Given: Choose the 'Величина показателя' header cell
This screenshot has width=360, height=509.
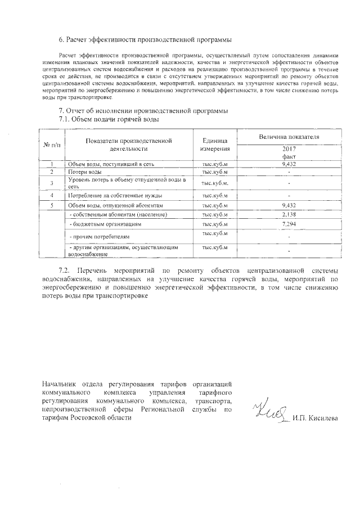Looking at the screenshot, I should [289, 137].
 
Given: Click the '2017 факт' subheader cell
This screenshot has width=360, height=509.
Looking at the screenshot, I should [289, 153].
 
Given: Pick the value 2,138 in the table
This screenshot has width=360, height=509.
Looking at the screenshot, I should [289, 214].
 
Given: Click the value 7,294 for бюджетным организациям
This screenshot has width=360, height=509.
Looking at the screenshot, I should [289, 224].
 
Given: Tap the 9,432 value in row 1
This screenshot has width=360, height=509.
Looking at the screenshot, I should [289, 164].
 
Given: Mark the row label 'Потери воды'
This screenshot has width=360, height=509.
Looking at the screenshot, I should [85, 171].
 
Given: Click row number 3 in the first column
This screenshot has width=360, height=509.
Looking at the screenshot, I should [52, 183].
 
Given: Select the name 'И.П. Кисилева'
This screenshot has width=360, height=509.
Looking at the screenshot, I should [315, 419].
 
